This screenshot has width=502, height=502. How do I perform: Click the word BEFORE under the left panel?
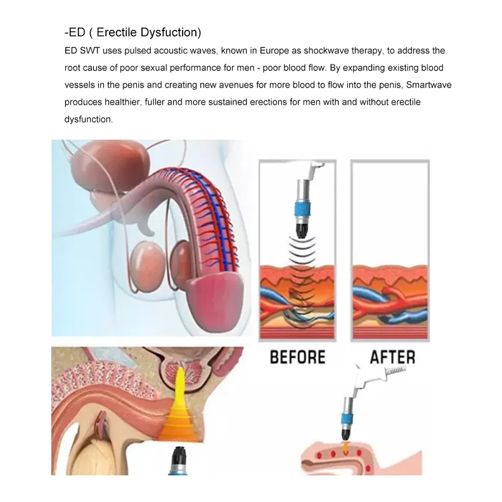click(297, 356)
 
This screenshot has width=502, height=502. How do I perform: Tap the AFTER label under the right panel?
click(392, 356)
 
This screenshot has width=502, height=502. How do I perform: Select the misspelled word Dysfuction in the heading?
click(173, 32)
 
